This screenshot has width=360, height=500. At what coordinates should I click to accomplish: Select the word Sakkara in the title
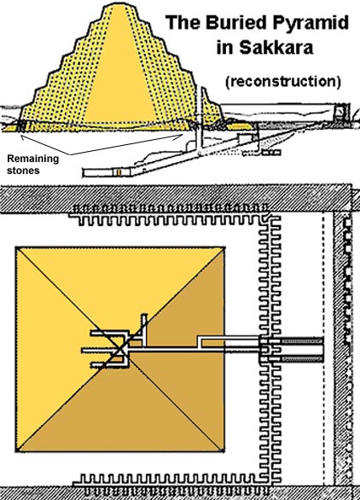tap(276, 48)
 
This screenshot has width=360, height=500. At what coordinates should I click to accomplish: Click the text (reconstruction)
tap(283, 82)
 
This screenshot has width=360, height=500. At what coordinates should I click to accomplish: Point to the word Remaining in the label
tap(33, 159)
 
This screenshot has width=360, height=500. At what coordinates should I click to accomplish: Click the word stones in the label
tap(23, 171)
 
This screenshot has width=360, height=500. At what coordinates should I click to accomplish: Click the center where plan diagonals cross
tap(120, 350)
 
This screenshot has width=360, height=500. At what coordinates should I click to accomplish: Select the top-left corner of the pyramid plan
tap(16, 247)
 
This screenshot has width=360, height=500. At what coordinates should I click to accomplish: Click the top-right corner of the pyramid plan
tap(224, 247)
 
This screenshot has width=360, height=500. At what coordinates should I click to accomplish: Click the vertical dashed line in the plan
tap(323, 351)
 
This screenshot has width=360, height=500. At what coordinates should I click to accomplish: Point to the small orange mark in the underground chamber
tap(119, 172)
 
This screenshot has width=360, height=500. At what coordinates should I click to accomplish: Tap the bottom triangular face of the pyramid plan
tap(120, 415)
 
